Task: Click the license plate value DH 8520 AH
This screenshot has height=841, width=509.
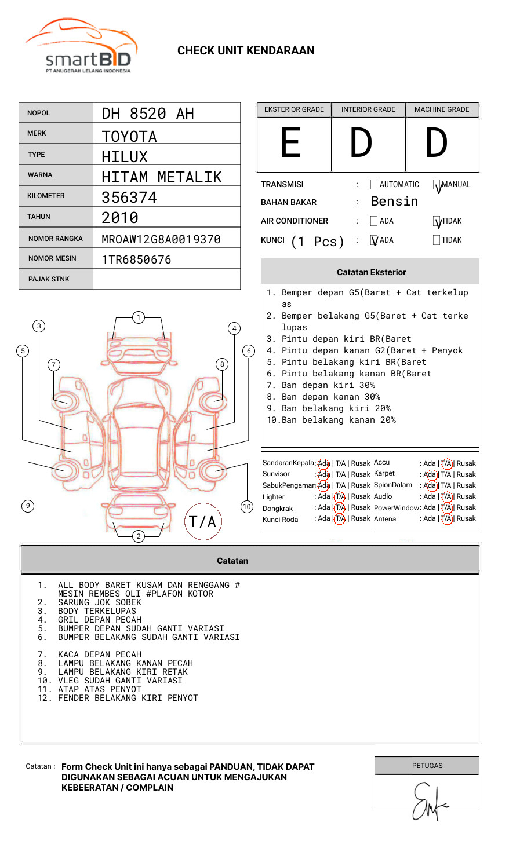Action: pyautogui.click(x=148, y=114)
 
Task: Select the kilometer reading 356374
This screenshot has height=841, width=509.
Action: pyautogui.click(x=129, y=198)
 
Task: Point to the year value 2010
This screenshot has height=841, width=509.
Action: pyautogui.click(x=120, y=218)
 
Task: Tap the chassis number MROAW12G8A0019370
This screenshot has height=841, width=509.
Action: pyautogui.click(x=161, y=239)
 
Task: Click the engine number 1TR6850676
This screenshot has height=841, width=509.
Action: pyautogui.click(x=136, y=259)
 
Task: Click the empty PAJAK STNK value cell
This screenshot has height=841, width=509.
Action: pyautogui.click(x=166, y=279)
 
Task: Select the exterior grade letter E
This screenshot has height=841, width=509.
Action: pyautogui.click(x=290, y=142)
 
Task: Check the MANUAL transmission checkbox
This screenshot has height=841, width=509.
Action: pyautogui.click(x=437, y=184)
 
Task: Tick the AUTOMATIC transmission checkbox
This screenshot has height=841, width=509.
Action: pyautogui.click(x=374, y=184)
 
